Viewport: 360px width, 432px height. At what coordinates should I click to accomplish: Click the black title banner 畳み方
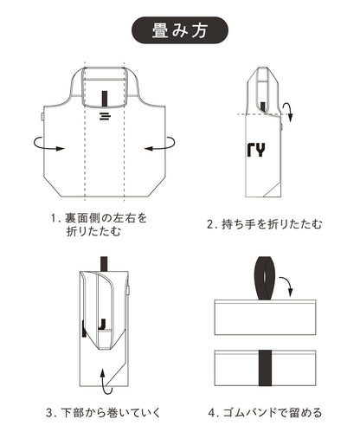click(x=180, y=30)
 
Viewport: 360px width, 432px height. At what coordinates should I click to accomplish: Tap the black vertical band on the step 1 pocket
click(x=105, y=99)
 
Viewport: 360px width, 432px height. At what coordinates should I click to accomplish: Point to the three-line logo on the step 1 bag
click(x=105, y=116)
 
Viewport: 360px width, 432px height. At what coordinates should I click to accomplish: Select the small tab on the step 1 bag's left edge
click(x=42, y=117)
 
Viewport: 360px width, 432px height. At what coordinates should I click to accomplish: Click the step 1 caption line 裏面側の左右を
click(x=106, y=218)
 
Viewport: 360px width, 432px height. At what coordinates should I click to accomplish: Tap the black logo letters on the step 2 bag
click(x=256, y=150)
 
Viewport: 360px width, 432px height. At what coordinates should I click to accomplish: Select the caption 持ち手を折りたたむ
click(x=271, y=224)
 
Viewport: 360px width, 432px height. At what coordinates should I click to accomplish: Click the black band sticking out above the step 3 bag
click(x=104, y=264)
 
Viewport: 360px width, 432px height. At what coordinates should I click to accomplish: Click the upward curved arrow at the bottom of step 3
click(x=106, y=381)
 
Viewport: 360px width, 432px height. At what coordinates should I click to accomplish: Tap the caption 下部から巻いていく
click(x=111, y=412)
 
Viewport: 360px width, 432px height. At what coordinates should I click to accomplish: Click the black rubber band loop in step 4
click(x=265, y=278)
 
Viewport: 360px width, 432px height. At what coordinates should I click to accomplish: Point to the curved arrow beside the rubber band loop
click(x=286, y=286)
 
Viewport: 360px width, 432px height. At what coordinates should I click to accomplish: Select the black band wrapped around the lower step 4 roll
click(x=265, y=368)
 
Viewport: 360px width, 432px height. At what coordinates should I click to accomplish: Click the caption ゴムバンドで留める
click(x=273, y=412)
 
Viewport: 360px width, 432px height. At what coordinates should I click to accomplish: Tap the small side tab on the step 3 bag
click(x=128, y=290)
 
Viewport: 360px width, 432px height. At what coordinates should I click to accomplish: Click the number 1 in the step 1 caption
click(x=53, y=218)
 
